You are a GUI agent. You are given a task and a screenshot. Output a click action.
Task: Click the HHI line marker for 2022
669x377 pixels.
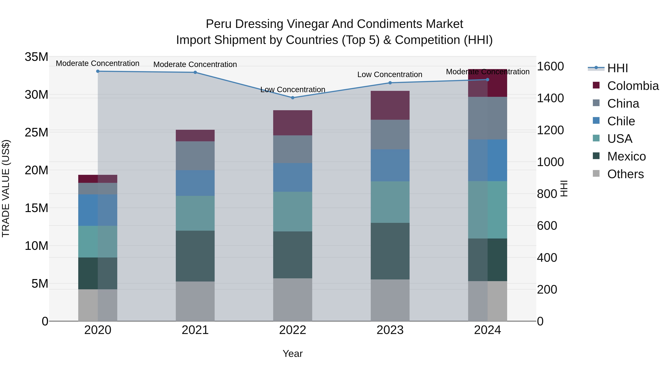293,98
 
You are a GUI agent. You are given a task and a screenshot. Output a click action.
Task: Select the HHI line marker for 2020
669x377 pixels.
98,71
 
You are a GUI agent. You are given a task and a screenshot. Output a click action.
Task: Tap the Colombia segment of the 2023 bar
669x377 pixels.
390,105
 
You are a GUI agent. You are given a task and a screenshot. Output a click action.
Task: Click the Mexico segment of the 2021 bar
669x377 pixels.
195,256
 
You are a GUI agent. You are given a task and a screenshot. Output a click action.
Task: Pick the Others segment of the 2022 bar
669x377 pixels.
293,300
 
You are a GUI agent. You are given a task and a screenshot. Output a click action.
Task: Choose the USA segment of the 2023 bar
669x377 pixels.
390,202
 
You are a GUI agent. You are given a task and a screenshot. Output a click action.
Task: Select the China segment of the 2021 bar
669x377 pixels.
195,156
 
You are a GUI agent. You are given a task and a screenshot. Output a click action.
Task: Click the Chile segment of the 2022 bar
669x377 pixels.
293,177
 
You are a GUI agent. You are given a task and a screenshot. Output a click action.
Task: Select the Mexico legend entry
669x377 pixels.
626,156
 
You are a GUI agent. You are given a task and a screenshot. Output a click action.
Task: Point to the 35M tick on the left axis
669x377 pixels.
36,57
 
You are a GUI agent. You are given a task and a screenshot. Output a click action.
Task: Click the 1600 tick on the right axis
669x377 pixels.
550,66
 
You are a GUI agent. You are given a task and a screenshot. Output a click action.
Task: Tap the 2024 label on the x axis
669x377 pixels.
487,330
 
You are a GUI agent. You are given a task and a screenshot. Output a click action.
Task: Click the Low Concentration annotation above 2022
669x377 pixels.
293,90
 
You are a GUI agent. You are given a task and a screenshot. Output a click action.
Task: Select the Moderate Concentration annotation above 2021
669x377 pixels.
195,64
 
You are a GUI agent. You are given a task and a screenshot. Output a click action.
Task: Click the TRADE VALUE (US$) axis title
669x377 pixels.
6,188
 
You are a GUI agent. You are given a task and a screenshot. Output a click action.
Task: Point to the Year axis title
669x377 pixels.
293,354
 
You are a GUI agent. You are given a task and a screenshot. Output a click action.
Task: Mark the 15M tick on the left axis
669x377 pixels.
36,208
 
